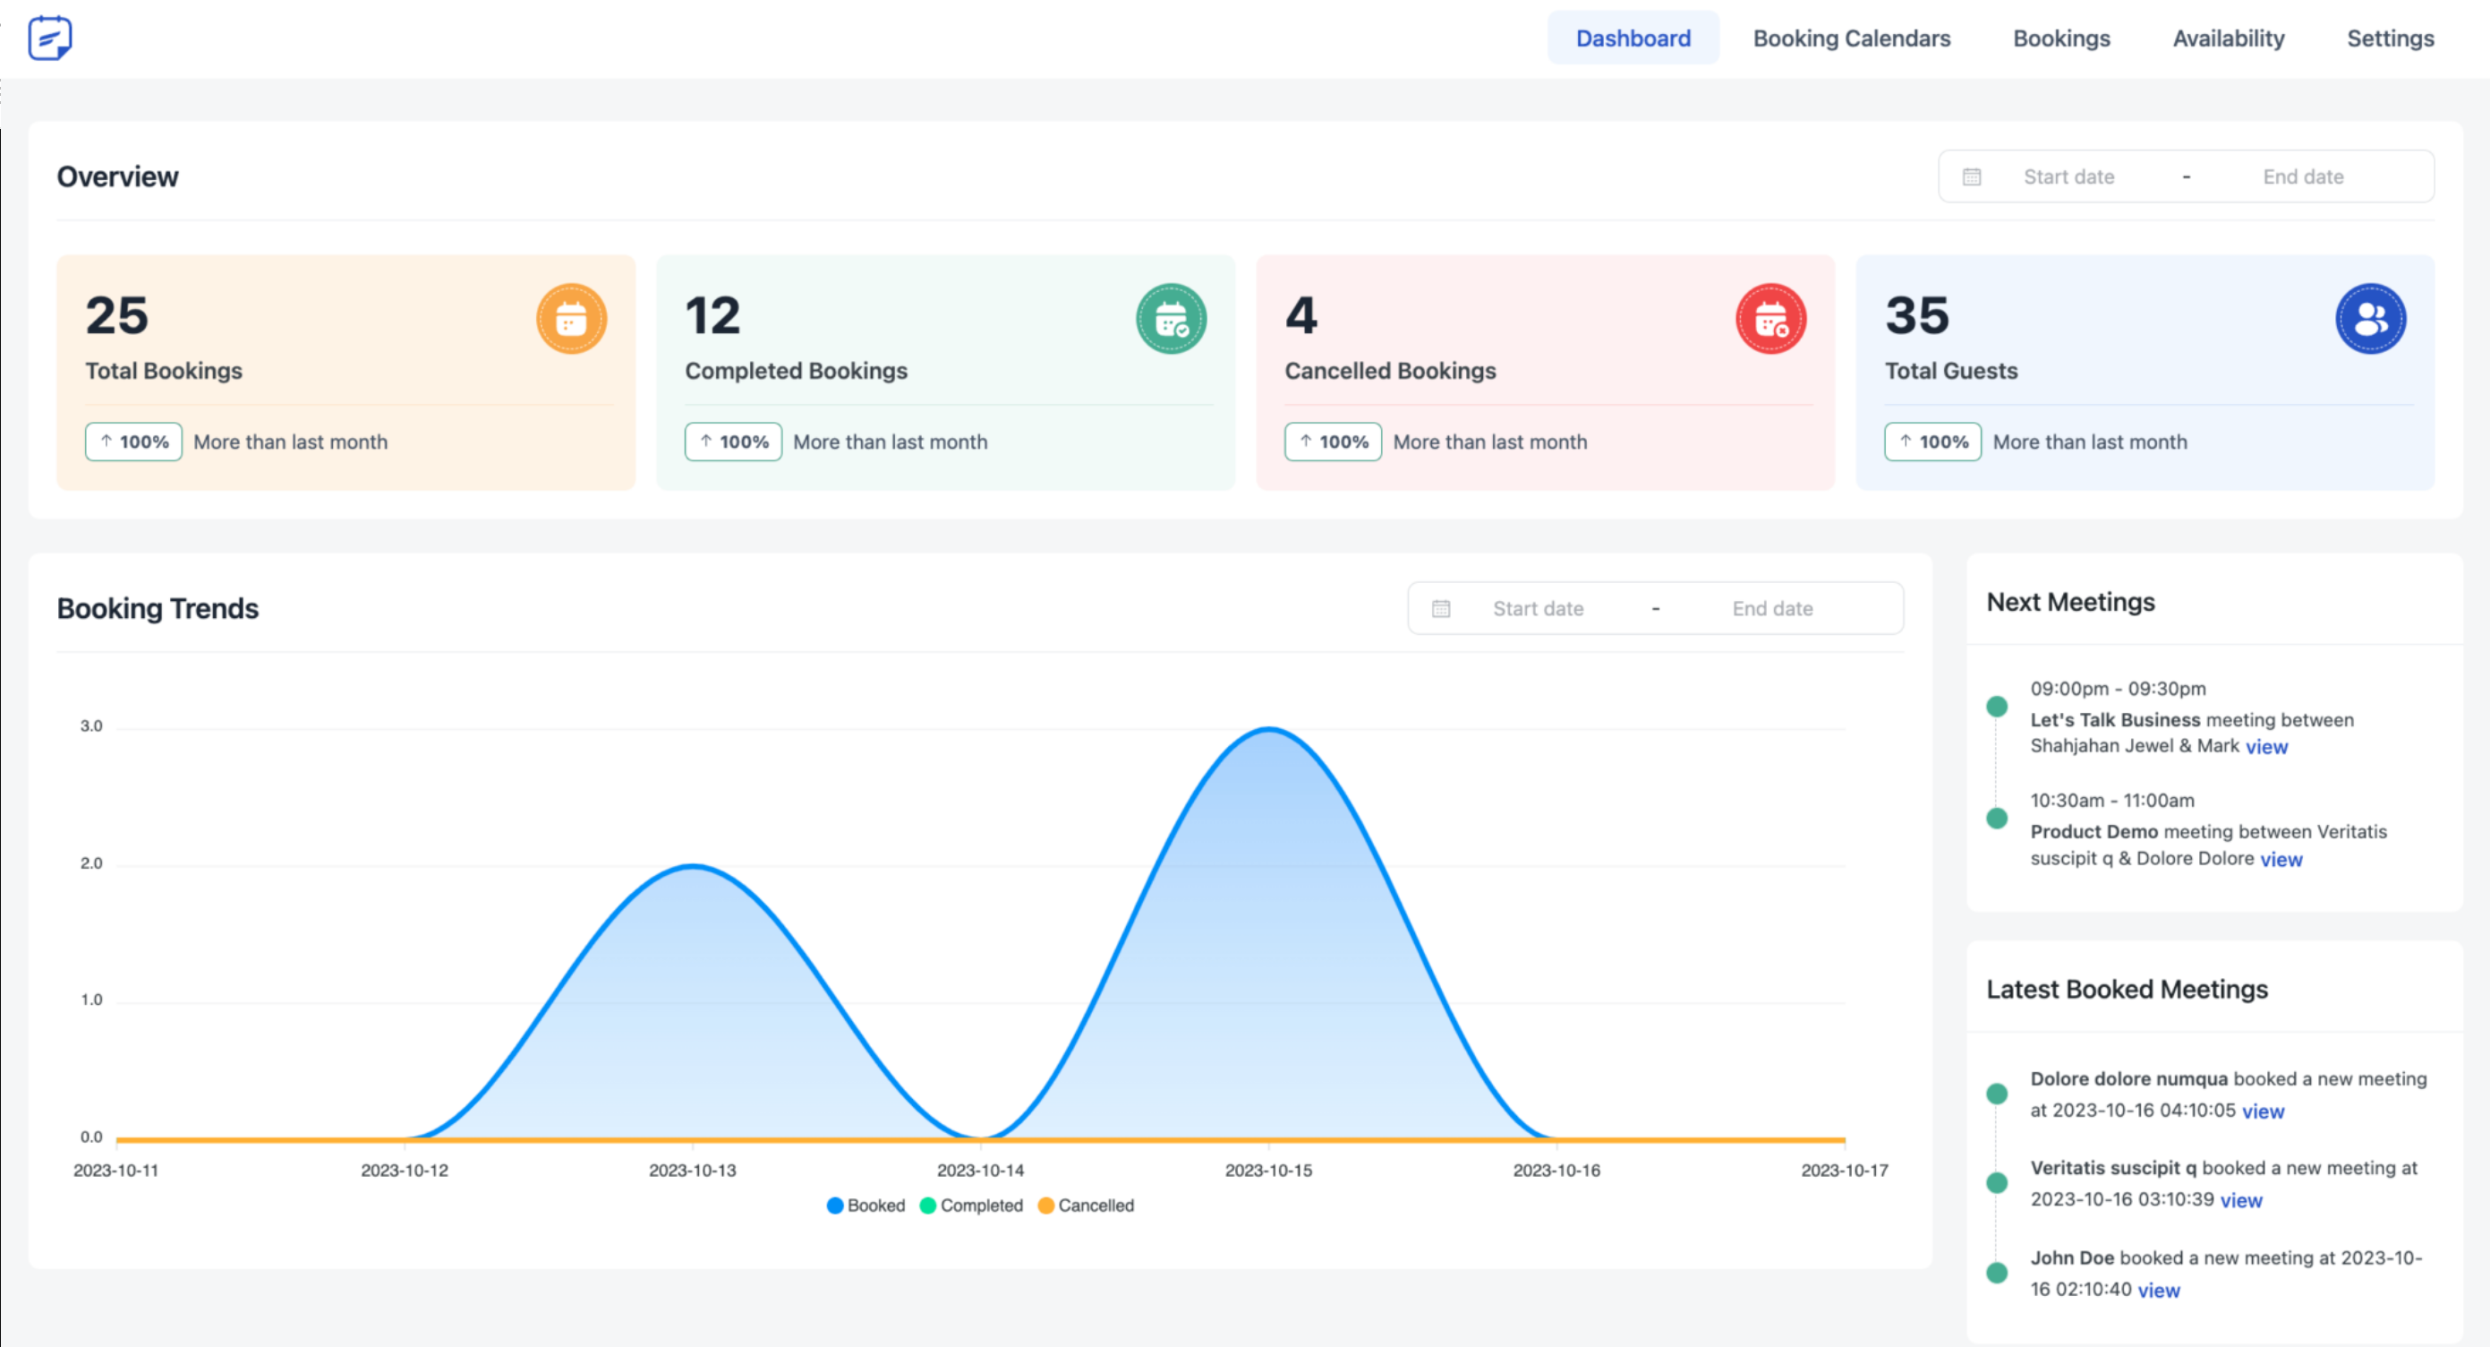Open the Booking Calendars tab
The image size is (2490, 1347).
point(1851,39)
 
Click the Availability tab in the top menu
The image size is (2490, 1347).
point(2228,39)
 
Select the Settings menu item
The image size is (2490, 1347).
point(2390,39)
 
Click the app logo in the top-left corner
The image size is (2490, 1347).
point(49,39)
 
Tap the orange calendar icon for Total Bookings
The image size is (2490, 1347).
point(571,319)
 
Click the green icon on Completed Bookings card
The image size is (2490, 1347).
point(1171,319)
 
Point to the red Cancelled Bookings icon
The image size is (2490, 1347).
point(1771,319)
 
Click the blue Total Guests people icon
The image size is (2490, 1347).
point(2370,319)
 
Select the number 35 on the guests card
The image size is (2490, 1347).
point(1917,315)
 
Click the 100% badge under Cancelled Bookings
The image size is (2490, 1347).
point(1333,442)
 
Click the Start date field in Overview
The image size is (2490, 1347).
point(2068,177)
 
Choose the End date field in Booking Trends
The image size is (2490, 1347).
point(1772,608)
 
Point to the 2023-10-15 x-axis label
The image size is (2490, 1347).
point(1268,1170)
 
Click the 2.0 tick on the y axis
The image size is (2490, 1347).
point(91,863)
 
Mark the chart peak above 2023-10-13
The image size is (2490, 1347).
point(693,866)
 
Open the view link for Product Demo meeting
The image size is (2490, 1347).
point(2281,860)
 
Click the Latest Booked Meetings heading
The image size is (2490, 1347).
point(2127,990)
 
